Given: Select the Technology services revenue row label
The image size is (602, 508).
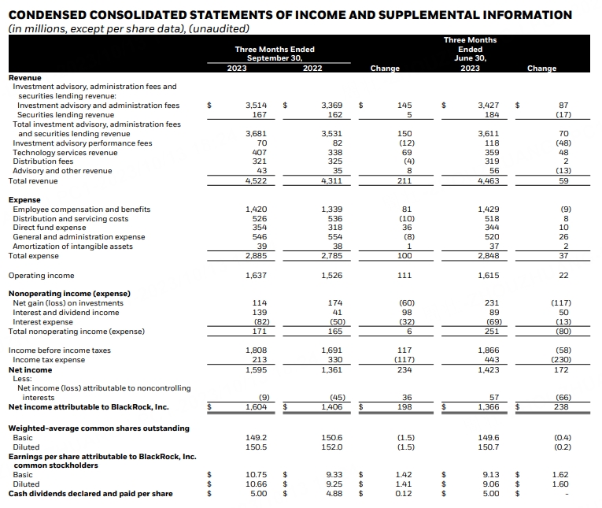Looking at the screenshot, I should pyautogui.click(x=65, y=153).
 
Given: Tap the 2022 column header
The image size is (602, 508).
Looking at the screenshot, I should pyautogui.click(x=312, y=69).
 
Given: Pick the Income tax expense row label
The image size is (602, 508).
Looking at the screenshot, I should pyautogui.click(x=50, y=360).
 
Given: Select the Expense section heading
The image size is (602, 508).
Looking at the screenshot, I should pyautogui.click(x=24, y=200).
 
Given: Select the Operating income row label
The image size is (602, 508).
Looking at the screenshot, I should pyautogui.click(x=42, y=276).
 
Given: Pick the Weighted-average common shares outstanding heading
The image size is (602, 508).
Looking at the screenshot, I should pyautogui.click(x=98, y=428).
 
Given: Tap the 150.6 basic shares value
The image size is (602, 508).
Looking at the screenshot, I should pyautogui.click(x=333, y=438).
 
